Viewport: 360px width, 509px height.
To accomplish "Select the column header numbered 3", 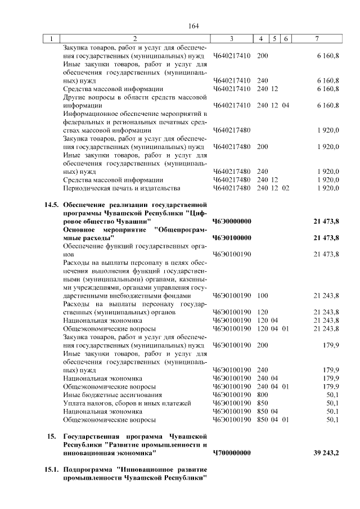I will pyautogui.click(x=231, y=39).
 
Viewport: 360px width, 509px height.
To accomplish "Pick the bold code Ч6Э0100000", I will pyautogui.click(x=232, y=237).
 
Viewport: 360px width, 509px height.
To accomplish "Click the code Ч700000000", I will pyautogui.click(x=232, y=452).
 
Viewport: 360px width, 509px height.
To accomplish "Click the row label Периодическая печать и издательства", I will pyautogui.click(x=121, y=187).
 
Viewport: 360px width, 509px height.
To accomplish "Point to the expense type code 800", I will pyautogui.click(x=262, y=395).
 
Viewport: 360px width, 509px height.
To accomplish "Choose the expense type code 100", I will pyautogui.click(x=262, y=295).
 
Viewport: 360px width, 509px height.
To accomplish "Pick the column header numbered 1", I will pyautogui.click(x=52, y=39).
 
